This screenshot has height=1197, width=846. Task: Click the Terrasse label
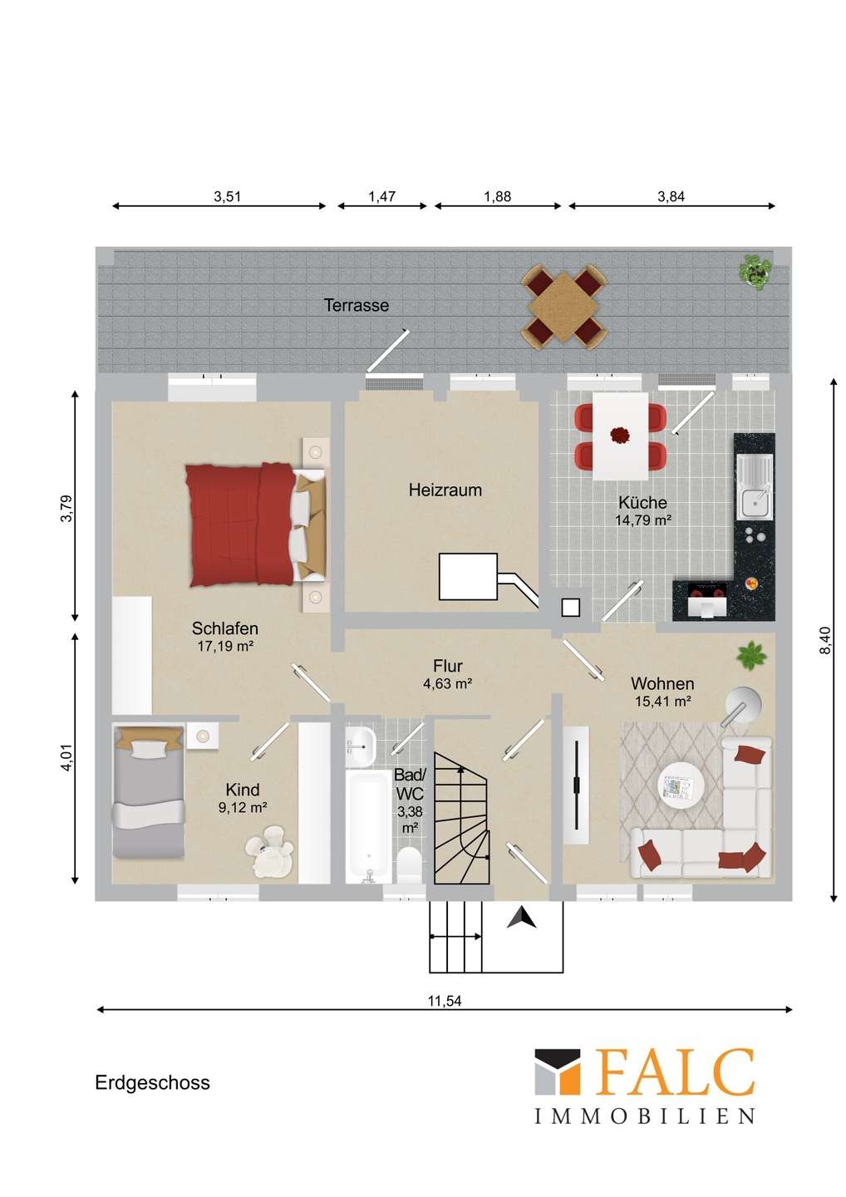point(357,305)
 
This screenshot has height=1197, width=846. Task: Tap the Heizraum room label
point(445,490)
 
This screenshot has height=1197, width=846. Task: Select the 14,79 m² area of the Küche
point(642,520)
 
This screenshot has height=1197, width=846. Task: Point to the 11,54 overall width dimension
point(445,1000)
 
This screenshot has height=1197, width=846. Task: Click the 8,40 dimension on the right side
point(826,640)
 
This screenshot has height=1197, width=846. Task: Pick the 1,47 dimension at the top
point(382,197)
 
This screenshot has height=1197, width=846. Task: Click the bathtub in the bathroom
point(368,826)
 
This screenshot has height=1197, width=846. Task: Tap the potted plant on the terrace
point(755,272)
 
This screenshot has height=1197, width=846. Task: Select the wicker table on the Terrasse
point(564,307)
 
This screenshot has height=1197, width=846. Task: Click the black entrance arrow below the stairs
point(521,919)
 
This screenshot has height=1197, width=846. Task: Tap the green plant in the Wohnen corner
point(751,656)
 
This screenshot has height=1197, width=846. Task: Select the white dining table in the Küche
point(620,436)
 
